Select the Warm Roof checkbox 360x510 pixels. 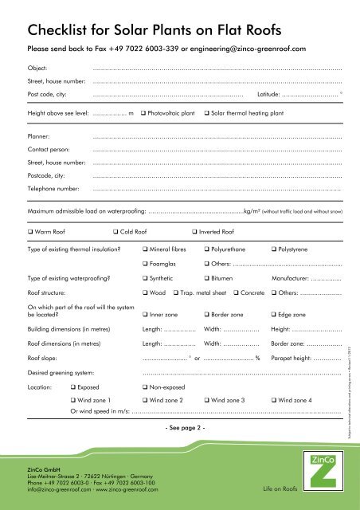point(29,233)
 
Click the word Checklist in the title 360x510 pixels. point(63,31)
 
